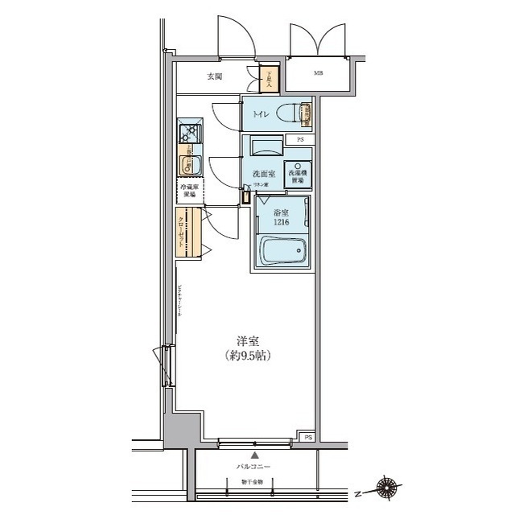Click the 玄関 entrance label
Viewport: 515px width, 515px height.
point(214,77)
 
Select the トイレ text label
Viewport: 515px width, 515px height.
point(262,114)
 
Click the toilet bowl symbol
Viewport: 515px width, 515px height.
point(290,114)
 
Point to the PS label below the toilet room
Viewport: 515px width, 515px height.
point(301,139)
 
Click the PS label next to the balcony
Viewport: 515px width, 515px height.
point(307,437)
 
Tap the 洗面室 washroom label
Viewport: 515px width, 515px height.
point(264,173)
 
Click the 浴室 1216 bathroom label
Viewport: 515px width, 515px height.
point(278,217)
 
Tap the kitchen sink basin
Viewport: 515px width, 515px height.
point(192,165)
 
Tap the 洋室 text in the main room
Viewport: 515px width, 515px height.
point(247,341)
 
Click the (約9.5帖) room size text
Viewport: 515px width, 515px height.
point(247,356)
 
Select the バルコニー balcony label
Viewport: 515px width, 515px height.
point(253,468)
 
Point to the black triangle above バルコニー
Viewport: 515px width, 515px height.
point(253,455)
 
